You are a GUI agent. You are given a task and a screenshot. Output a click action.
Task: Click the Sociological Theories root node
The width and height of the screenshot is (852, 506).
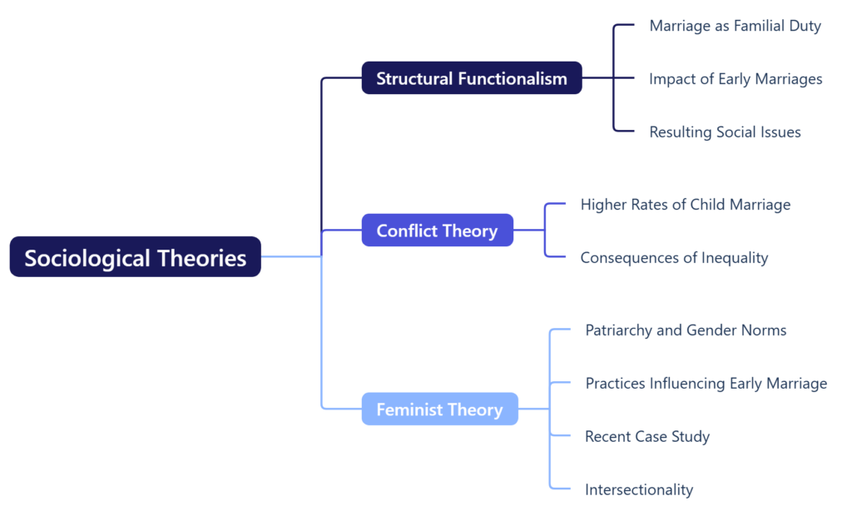pyautogui.click(x=135, y=257)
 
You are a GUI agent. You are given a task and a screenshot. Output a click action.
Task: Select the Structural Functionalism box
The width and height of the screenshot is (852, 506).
pyautogui.click(x=471, y=78)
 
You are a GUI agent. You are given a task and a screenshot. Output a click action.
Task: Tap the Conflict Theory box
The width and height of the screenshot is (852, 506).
pyautogui.click(x=437, y=231)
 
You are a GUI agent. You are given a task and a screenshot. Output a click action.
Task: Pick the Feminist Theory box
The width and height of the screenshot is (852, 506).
pyautogui.click(x=439, y=409)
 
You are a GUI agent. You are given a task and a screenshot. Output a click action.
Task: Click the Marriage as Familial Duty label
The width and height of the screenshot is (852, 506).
pyautogui.click(x=735, y=26)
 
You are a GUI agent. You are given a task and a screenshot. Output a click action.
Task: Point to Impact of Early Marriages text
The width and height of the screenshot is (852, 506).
pyautogui.click(x=736, y=79)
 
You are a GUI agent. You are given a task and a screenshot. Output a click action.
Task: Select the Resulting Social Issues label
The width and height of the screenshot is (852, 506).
pyautogui.click(x=725, y=131)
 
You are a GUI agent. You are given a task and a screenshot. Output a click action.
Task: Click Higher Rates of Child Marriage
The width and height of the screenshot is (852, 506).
pyautogui.click(x=685, y=204)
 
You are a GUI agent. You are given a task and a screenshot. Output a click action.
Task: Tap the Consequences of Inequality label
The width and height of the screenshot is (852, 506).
pyautogui.click(x=674, y=257)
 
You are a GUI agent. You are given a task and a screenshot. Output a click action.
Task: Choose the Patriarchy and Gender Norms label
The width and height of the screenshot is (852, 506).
pyautogui.click(x=686, y=330)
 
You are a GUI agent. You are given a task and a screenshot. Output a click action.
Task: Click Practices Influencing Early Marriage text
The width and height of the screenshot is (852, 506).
pyautogui.click(x=706, y=383)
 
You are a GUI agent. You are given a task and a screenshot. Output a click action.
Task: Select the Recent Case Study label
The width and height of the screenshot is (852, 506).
pyautogui.click(x=647, y=436)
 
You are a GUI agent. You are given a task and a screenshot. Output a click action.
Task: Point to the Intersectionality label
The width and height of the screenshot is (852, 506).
pyautogui.click(x=638, y=489)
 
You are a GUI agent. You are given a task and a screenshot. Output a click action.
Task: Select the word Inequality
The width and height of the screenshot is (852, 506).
pyautogui.click(x=735, y=257)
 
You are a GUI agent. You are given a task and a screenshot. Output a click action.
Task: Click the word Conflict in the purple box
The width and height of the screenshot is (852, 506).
pyautogui.click(x=407, y=231)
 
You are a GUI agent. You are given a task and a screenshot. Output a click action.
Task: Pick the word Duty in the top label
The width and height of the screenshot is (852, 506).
pyautogui.click(x=805, y=26)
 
